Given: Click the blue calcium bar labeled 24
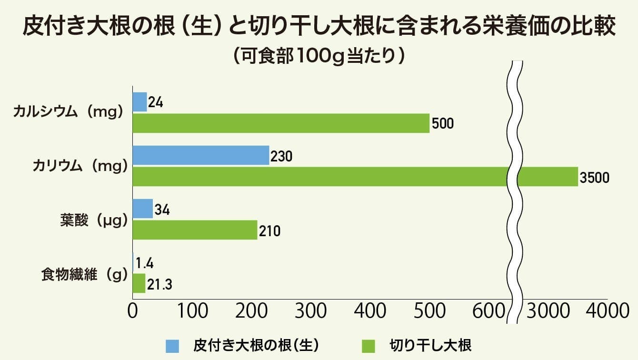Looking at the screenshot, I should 140,102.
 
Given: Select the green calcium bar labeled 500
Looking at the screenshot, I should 281,123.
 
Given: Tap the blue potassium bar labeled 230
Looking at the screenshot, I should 200,155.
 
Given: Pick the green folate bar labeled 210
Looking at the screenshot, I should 195,230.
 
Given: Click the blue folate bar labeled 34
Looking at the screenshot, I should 142,209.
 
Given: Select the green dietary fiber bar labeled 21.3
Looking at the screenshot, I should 139,283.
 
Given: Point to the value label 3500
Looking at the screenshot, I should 594,178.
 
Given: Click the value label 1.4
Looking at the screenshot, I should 145,263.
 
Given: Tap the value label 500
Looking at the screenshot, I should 442,124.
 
